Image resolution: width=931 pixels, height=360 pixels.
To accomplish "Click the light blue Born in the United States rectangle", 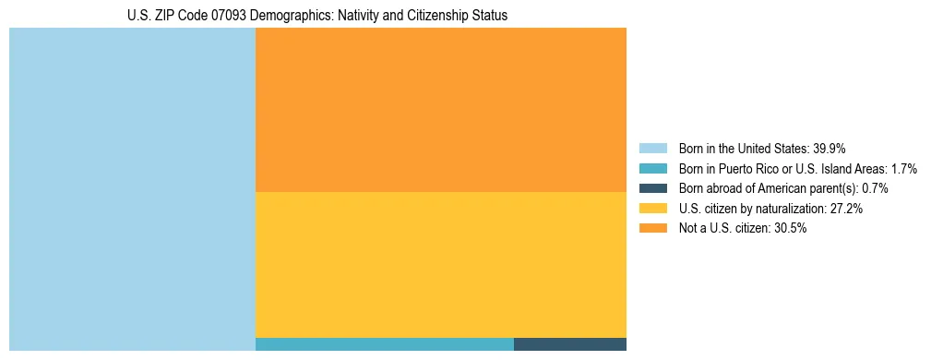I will pos(132,189).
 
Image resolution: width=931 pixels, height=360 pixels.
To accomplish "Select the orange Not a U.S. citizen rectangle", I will pos(440,109).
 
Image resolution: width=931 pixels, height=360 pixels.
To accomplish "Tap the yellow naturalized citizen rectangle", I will pos(440,264).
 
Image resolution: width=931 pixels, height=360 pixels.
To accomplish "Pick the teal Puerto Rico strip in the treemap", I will pos(384,344).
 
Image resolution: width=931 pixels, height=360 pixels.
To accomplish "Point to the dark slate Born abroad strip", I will pos(569,344).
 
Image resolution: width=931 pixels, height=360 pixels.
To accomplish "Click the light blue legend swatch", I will pos(652,149).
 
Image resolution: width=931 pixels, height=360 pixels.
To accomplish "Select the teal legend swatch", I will pos(652,169).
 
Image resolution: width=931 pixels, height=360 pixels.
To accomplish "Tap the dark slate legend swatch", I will pos(652,188).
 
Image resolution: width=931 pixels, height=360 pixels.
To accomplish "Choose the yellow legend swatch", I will pos(652,209).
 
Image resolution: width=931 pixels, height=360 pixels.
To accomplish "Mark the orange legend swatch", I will pos(652,229).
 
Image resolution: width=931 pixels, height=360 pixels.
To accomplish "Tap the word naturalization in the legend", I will pos(790,209).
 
